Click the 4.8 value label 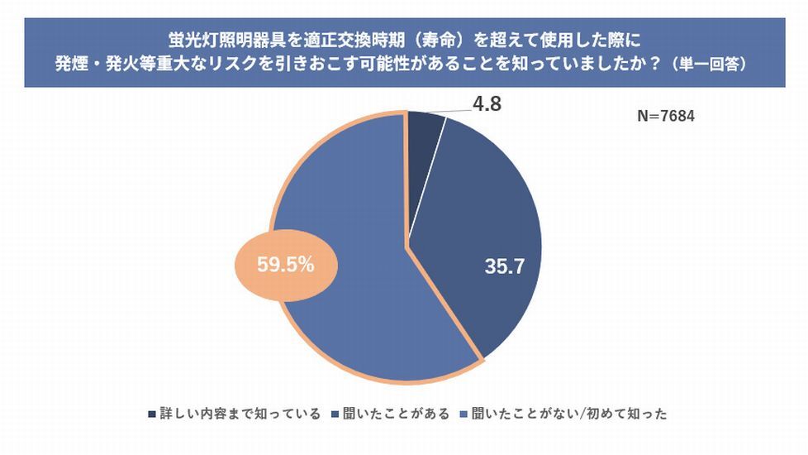[x=486, y=105]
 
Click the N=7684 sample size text [x=665, y=117]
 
